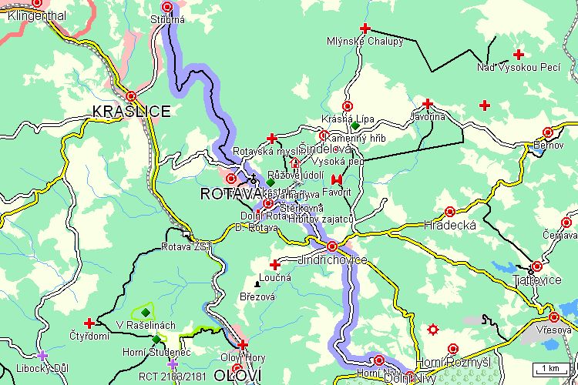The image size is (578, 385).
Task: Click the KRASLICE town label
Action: [131, 112]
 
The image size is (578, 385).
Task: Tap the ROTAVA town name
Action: [227, 194]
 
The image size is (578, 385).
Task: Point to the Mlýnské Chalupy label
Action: [365, 42]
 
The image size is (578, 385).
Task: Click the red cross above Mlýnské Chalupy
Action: [365, 28]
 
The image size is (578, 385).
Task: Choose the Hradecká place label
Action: [451, 225]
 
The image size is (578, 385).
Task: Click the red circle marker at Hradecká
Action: [450, 211]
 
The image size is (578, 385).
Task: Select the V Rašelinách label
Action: [146, 325]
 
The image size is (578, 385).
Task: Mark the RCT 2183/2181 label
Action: [173, 377]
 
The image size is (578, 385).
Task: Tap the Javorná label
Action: [428, 117]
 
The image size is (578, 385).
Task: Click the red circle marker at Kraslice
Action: [131, 96]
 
